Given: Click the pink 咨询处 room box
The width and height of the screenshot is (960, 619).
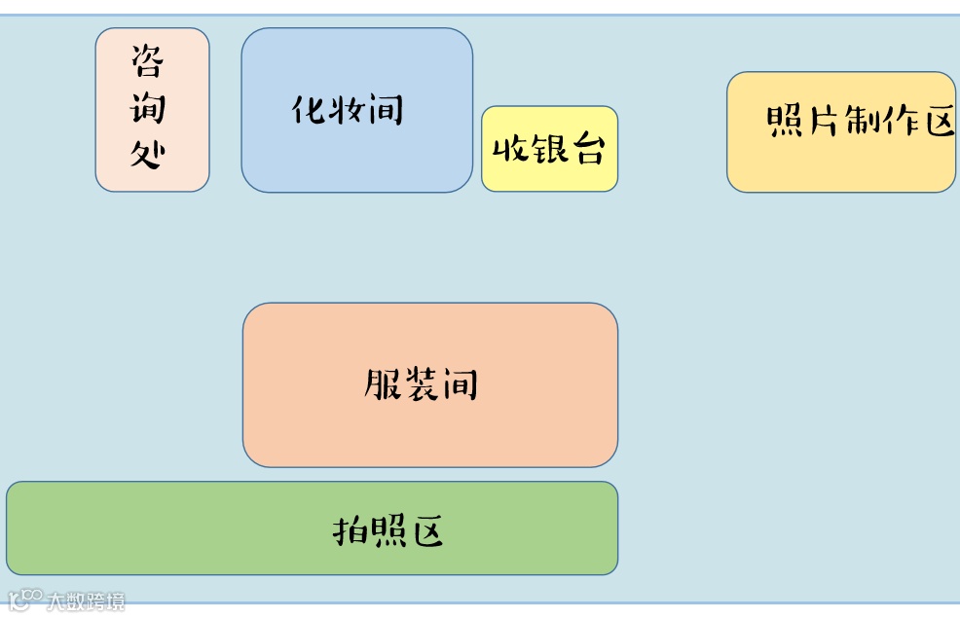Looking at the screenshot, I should tap(152, 109).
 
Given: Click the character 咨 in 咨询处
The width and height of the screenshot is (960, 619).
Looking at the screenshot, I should tap(148, 62).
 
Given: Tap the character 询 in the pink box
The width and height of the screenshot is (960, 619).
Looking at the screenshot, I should tap(148, 108).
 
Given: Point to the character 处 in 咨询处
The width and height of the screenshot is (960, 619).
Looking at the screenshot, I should tap(148, 154).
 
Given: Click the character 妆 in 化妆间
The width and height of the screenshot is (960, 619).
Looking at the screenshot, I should tap(348, 109).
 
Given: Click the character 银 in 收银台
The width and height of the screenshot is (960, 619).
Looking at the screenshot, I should tap(548, 149).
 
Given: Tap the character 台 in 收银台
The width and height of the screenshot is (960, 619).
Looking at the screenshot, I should tap(587, 149).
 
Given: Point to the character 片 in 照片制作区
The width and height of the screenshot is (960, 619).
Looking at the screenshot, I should tap(823, 122).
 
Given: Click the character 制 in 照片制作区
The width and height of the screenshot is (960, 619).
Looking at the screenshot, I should tap(862, 122).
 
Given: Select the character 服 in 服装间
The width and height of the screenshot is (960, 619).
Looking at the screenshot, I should tap(382, 384).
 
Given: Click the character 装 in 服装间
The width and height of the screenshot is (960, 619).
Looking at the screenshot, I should tap(421, 384).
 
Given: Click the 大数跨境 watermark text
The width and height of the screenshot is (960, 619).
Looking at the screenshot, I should tap(86, 601).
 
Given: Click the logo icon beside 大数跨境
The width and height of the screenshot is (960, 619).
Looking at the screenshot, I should tap(25, 599).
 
